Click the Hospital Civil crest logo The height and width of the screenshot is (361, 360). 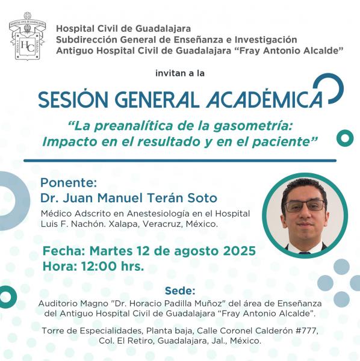point(28,36)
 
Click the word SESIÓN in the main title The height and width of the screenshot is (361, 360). point(73,99)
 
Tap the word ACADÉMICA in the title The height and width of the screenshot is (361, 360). point(264,99)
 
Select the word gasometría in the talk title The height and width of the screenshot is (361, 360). point(253,126)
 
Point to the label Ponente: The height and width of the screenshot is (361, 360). point(69,183)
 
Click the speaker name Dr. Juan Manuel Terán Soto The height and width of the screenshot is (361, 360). point(129,198)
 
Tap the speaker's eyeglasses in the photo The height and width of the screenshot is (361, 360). point(305,206)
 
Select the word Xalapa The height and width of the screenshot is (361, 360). point(124,224)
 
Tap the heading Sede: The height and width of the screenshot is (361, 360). point(180,291)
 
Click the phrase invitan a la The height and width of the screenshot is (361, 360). point(180,73)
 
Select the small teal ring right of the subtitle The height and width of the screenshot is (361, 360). point(345,138)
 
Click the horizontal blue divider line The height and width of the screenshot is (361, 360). point(180,161)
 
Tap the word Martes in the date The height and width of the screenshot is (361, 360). point(111,250)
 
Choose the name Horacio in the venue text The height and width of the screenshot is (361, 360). point(144,303)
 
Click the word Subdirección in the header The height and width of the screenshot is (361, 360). point(87,40)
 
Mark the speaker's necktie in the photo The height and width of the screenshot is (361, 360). point(305,253)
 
